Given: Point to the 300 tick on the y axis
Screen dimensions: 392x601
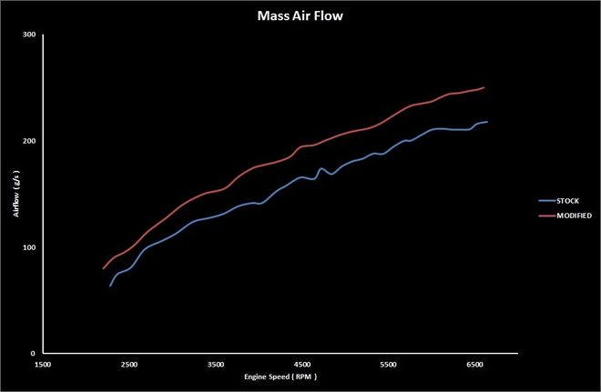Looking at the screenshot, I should [29, 35].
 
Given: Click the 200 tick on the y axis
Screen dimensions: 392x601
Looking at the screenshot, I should [29, 142].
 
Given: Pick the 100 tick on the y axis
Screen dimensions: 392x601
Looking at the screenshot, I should [29, 248].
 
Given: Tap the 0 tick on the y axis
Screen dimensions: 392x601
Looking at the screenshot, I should [33, 354].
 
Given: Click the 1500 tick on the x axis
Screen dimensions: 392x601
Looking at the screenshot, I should [42, 364].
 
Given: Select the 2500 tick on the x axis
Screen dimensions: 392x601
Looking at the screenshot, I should [128, 364].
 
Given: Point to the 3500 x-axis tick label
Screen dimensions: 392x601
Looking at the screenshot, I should [215, 364].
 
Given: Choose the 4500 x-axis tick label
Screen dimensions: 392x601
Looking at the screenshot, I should [301, 364].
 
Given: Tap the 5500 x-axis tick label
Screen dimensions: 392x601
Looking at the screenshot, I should [388, 364].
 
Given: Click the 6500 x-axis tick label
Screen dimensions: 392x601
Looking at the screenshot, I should [474, 364].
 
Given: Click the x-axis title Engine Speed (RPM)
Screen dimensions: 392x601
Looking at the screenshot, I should [280, 376].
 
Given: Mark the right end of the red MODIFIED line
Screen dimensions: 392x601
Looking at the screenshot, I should [484, 87].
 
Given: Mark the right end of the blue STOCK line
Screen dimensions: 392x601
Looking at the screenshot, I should [487, 122].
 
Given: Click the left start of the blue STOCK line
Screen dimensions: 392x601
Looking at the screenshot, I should [110, 286].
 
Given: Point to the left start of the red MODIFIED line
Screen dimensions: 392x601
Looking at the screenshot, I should [102, 269].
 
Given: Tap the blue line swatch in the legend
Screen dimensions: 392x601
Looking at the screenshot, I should [544, 199].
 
